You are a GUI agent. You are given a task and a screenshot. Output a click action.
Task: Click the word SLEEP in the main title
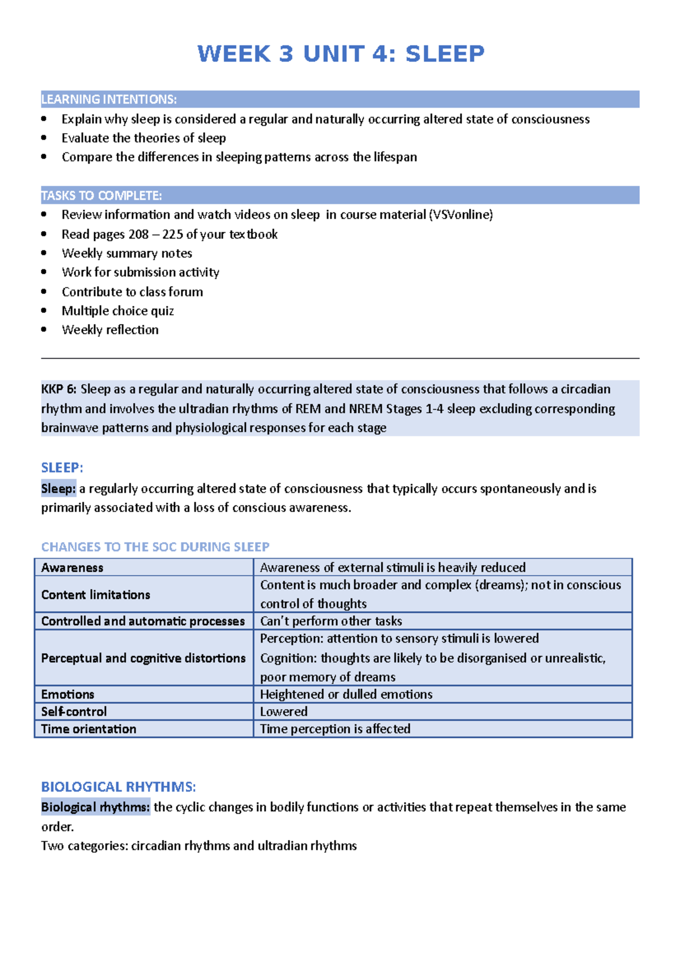[445, 54]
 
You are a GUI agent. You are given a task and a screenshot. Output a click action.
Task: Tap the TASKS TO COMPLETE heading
[101, 195]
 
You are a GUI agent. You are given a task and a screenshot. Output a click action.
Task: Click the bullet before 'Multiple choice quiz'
[44, 310]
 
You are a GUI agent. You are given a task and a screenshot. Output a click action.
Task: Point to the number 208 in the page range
[138, 235]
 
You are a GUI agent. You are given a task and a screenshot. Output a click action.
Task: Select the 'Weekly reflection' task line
[110, 330]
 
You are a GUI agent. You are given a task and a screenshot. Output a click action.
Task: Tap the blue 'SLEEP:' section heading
[62, 467]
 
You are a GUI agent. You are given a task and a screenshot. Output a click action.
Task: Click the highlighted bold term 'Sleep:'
[58, 488]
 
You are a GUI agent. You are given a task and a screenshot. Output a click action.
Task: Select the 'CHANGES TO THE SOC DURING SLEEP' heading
[155, 547]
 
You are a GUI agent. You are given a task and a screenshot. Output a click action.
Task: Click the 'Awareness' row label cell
[143, 567]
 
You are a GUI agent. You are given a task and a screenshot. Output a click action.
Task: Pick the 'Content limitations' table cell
[143, 594]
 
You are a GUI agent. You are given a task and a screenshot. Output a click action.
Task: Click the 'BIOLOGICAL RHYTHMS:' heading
[118, 786]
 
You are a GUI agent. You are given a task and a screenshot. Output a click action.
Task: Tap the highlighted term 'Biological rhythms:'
[95, 807]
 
